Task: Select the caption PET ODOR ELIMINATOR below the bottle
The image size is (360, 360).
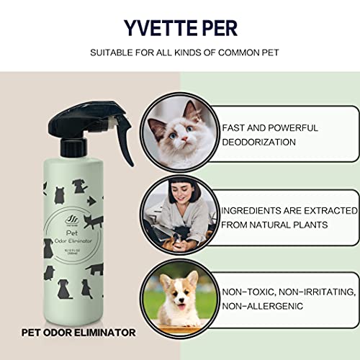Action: [77, 333]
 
